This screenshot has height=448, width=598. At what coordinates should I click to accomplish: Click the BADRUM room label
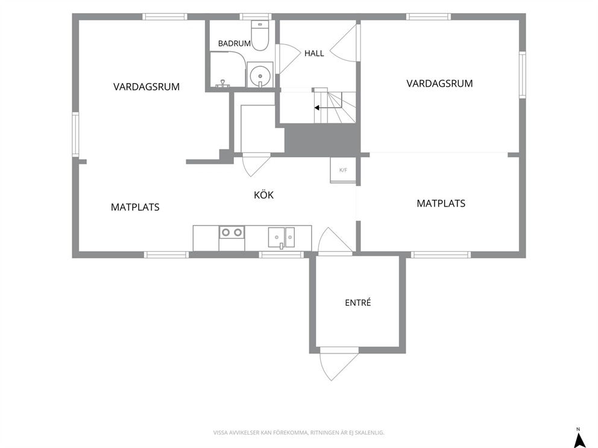(x=234, y=43)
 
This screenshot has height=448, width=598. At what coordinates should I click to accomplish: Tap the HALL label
(x=314, y=54)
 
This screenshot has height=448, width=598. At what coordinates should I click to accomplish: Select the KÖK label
(x=263, y=194)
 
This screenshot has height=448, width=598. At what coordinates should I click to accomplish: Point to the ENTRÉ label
(x=357, y=302)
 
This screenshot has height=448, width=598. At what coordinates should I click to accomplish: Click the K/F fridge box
(x=343, y=170)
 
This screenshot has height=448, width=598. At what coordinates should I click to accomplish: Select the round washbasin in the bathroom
(x=260, y=75)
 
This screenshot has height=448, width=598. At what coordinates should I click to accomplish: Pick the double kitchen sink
(x=282, y=238)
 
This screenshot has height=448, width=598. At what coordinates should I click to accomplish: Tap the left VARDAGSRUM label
(x=146, y=87)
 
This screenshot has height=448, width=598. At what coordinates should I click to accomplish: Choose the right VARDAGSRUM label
(x=439, y=84)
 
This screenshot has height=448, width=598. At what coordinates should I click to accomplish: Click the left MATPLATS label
(x=135, y=207)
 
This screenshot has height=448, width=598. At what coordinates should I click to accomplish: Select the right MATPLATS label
(x=441, y=204)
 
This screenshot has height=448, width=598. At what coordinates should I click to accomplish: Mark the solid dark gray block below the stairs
(x=323, y=140)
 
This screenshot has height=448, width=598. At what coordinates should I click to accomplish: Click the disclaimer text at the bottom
(x=298, y=432)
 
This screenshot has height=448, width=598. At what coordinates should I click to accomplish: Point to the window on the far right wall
(x=522, y=75)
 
